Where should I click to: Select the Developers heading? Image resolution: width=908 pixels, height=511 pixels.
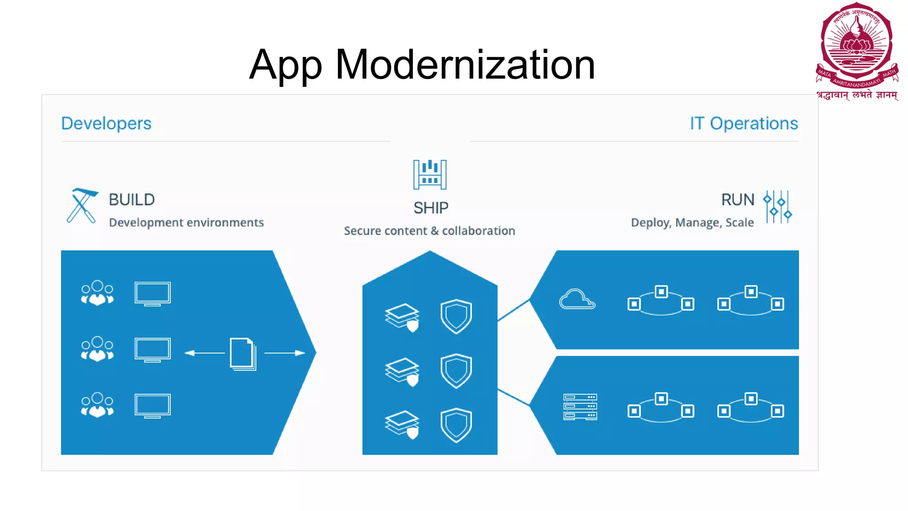click(106, 123)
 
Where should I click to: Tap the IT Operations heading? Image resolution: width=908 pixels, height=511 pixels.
click(744, 123)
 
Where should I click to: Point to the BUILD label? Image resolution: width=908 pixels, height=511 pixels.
click(132, 200)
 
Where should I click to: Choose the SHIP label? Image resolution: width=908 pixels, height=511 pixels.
click(431, 208)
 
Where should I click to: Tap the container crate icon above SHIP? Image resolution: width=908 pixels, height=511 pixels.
click(430, 174)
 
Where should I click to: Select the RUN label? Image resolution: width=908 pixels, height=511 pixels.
click(737, 200)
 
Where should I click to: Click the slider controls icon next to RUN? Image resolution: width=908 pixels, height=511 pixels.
click(777, 207)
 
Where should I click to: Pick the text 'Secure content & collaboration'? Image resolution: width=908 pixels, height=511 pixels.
click(429, 231)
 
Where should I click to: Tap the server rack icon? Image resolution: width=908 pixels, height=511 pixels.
click(580, 406)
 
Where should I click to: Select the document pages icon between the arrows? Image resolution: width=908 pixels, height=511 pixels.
click(243, 354)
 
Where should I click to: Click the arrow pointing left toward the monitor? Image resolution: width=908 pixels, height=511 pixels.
click(204, 353)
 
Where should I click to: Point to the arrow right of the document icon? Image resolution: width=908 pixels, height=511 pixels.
click(285, 353)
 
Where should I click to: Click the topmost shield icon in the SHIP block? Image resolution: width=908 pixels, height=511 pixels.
click(456, 316)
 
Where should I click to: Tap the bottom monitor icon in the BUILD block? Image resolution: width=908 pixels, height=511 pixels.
click(152, 405)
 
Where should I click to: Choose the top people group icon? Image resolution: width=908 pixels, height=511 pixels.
click(97, 293)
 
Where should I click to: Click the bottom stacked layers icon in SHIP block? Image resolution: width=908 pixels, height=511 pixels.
click(402, 424)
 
